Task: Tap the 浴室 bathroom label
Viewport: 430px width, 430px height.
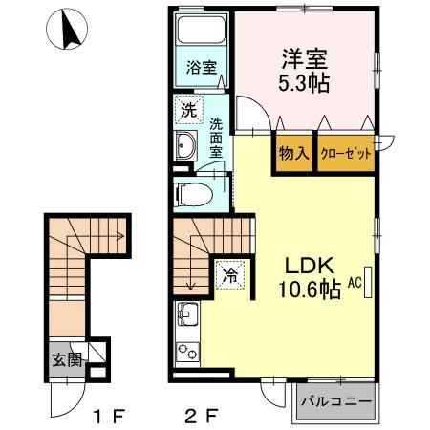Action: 201,70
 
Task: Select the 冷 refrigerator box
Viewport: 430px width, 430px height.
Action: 230,274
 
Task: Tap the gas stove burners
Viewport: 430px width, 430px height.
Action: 187,351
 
